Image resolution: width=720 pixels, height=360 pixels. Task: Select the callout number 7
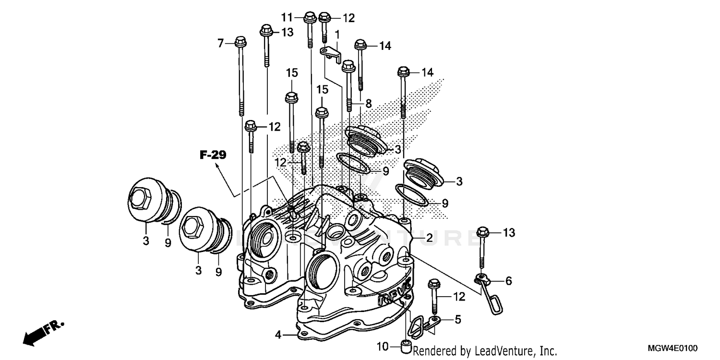(x=221, y=44)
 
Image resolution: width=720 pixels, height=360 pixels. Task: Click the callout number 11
(x=287, y=18)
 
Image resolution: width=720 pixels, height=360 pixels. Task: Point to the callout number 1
(x=337, y=34)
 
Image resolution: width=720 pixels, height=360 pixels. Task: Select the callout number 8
(x=368, y=103)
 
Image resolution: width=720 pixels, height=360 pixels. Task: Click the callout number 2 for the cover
(x=429, y=238)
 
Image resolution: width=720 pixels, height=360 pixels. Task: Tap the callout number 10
(x=382, y=346)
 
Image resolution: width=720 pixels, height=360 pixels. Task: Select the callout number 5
(x=457, y=318)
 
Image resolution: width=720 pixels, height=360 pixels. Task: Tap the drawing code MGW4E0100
(x=674, y=348)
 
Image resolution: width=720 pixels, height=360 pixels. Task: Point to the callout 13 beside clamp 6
(x=509, y=233)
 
